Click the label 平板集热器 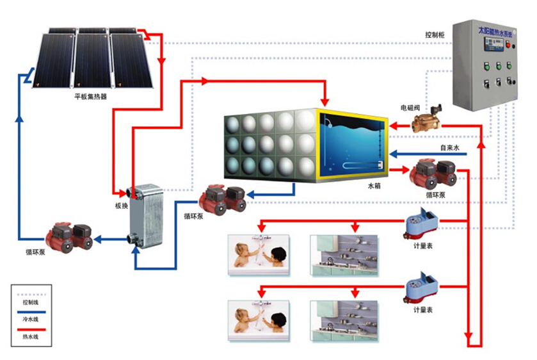coord(90,97)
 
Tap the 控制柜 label coord(435,35)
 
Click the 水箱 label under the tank coord(374,186)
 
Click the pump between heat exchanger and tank coord(222,199)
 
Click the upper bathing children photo coord(259,254)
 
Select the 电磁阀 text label coord(410,108)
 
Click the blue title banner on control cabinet coord(494,30)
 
